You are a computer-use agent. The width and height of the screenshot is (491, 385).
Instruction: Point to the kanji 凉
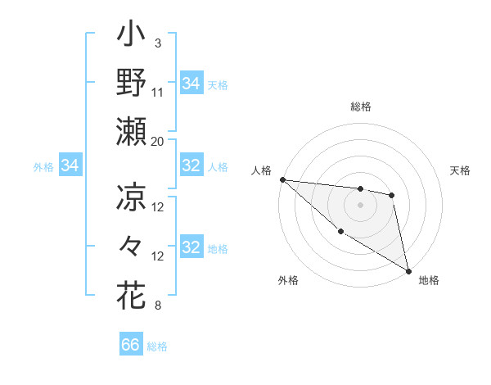pyautogui.click(x=132, y=197)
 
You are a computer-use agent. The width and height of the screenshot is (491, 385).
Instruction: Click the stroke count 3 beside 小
pyautogui.click(x=158, y=43)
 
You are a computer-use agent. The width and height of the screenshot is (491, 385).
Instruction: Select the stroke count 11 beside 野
pyautogui.click(x=159, y=92)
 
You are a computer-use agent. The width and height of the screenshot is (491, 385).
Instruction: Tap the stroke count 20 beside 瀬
pyautogui.click(x=158, y=141)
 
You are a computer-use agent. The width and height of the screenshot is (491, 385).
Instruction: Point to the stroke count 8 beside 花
pyautogui.click(x=157, y=306)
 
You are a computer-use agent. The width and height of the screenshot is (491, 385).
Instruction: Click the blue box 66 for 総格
pyautogui.click(x=131, y=345)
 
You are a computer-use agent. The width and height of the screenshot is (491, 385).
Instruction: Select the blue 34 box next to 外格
pyautogui.click(x=70, y=166)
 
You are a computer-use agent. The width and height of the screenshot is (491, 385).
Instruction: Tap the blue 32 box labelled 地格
pyautogui.click(x=191, y=248)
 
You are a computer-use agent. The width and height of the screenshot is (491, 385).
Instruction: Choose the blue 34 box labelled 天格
pyautogui.click(x=191, y=83)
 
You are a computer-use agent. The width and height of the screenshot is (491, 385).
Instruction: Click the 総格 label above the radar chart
pyautogui.click(x=361, y=106)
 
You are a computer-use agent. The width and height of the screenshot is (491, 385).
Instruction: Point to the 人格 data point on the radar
pyautogui.click(x=282, y=179)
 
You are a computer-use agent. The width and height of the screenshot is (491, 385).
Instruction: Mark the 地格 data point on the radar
pyautogui.click(x=408, y=270)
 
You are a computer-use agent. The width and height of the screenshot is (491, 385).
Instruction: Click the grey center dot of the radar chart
pyautogui.click(x=360, y=205)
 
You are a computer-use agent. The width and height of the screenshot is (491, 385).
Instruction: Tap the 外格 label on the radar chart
pyautogui.click(x=288, y=280)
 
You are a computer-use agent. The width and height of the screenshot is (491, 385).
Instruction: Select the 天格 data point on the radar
pyautogui.click(x=392, y=195)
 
